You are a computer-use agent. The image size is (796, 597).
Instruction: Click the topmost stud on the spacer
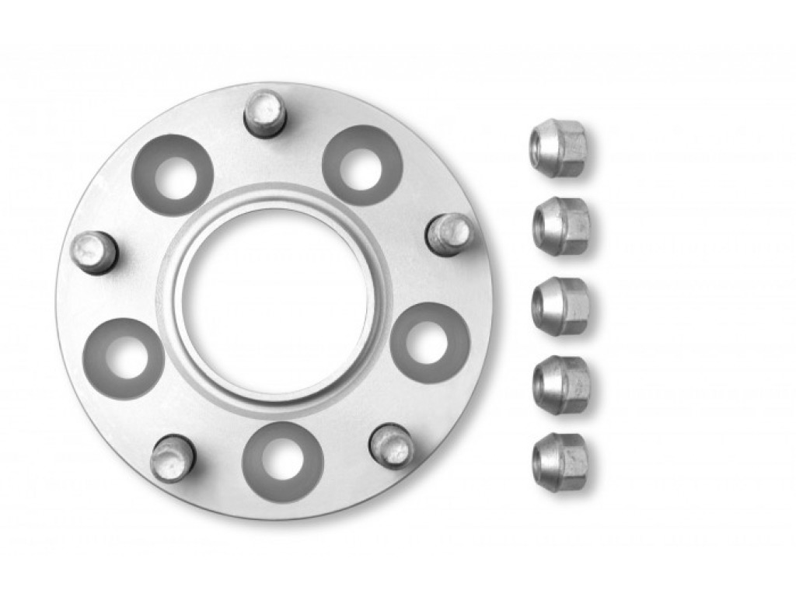265,113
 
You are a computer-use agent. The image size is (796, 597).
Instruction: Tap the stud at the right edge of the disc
449,233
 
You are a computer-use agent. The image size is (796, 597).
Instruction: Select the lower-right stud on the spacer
391,445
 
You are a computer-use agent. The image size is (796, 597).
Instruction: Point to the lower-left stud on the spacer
172,458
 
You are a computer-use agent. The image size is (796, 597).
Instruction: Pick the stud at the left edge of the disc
93,252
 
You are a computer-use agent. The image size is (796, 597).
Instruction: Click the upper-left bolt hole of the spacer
172,175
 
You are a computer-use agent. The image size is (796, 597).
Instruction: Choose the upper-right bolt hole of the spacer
362,165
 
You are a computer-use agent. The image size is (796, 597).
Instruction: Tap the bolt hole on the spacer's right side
430,343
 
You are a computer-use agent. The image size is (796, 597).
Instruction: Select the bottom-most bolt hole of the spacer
283,462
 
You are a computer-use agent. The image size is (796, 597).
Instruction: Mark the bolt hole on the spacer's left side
123,358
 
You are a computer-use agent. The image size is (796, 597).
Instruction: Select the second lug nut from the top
561,225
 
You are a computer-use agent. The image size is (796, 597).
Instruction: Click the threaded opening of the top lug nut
541,145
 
